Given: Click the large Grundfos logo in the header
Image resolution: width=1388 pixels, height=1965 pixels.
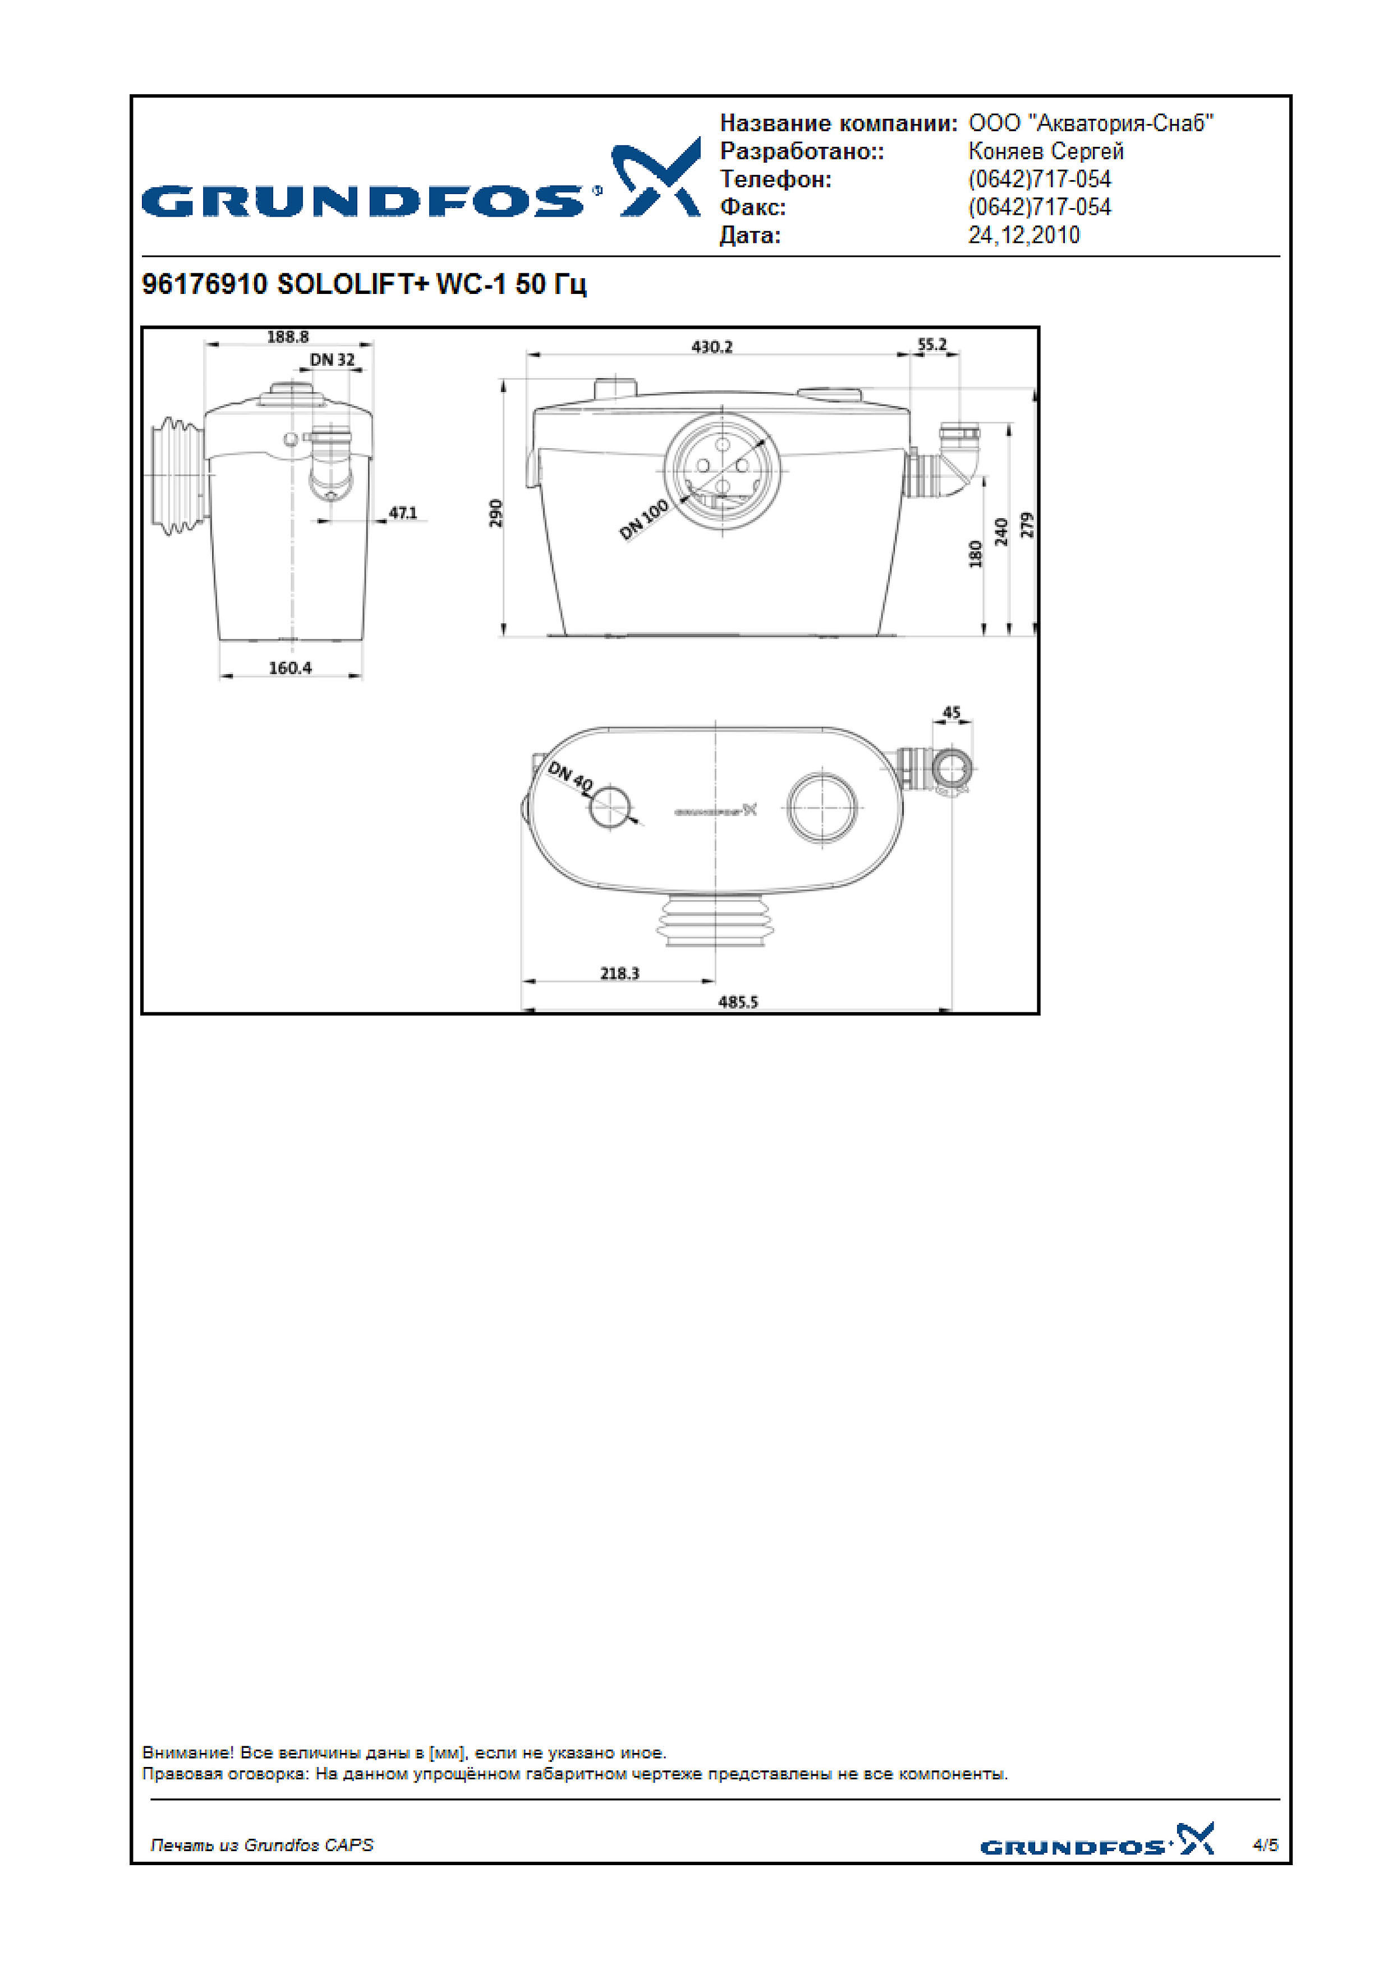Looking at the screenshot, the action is pyautogui.click(x=421, y=180).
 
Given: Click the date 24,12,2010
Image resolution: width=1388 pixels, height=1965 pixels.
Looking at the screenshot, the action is pyautogui.click(x=1023, y=236).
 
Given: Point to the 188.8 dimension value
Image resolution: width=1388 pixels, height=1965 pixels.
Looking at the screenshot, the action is pyautogui.click(x=287, y=337).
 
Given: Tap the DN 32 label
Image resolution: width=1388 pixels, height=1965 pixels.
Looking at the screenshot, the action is pyautogui.click(x=332, y=360).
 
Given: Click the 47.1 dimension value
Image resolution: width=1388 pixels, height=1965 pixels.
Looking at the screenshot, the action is pyautogui.click(x=403, y=513).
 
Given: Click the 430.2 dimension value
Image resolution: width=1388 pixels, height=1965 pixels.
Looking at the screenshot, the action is pyautogui.click(x=712, y=347).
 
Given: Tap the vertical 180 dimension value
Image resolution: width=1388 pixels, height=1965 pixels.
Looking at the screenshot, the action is pyautogui.click(x=976, y=554).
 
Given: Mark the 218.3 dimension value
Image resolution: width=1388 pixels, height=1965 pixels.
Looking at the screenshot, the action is pyautogui.click(x=619, y=973).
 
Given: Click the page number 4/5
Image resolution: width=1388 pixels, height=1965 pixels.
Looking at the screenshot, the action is pyautogui.click(x=1266, y=1844).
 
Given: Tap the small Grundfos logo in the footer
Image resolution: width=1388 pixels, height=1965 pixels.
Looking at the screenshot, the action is pyautogui.click(x=1097, y=1840).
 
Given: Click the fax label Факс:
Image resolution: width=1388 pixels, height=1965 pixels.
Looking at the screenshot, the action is pyautogui.click(x=753, y=207).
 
